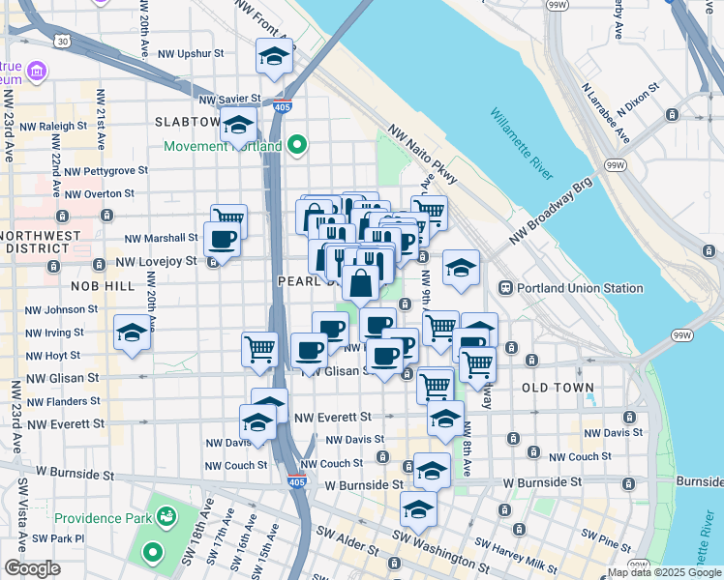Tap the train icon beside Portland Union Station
505,288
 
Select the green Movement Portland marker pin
296,146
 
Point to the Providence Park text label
102,518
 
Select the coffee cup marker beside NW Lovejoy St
222,241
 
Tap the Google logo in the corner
33,568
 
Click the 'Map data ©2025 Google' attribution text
664,572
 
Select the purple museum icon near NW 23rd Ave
37,71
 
